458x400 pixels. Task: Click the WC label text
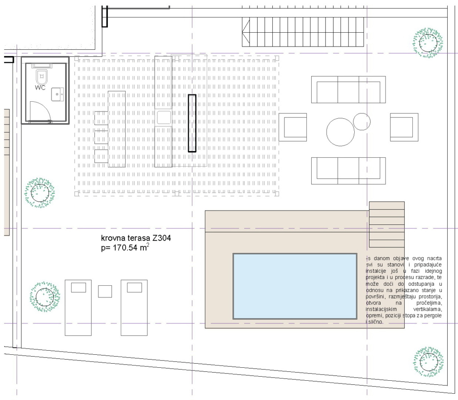(40, 87)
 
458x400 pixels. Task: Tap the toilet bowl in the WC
(42, 77)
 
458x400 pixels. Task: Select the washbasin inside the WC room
(57, 94)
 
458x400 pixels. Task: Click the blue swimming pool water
(295, 286)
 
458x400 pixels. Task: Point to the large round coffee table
(340, 132)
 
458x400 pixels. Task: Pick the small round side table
(362, 121)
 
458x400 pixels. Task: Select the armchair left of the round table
(293, 127)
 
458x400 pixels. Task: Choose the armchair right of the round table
(404, 127)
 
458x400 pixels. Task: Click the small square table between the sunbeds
(105, 292)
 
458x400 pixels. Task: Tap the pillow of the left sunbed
(79, 287)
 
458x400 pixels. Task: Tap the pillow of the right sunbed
(134, 287)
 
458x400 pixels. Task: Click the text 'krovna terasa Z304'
(136, 238)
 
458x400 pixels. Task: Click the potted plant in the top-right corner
(428, 43)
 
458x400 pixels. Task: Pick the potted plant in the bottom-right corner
(428, 362)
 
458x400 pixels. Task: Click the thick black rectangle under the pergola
(192, 123)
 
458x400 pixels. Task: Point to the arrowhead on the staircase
(246, 32)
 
